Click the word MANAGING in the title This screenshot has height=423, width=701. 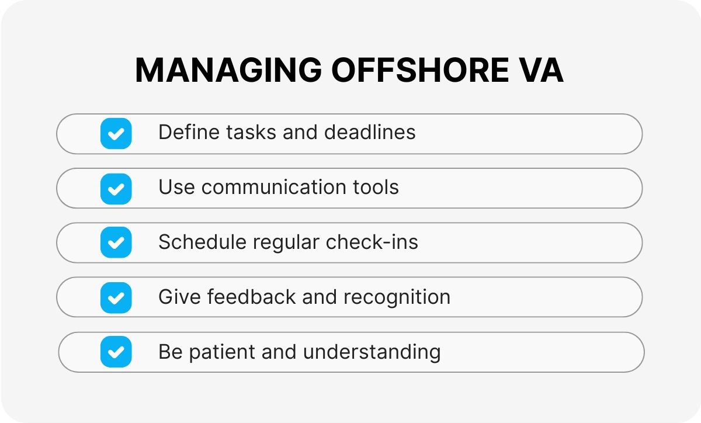pyautogui.click(x=228, y=71)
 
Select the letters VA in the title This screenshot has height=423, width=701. pyautogui.click(x=543, y=71)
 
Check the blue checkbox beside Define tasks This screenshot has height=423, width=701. pyautogui.click(x=116, y=133)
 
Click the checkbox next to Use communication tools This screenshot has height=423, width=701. pyautogui.click(x=116, y=188)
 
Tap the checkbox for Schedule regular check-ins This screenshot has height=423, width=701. pyautogui.click(x=116, y=242)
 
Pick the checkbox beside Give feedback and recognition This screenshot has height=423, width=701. pyautogui.click(x=116, y=297)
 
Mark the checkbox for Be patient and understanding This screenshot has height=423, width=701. pyautogui.click(x=116, y=352)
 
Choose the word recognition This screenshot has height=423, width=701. pyautogui.click(x=397, y=297)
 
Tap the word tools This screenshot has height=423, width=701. pyautogui.click(x=377, y=188)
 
